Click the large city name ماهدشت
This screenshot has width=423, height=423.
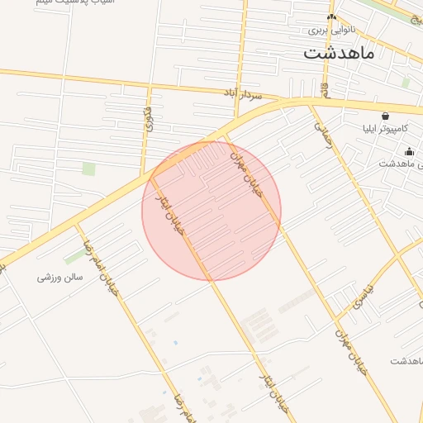[339, 55]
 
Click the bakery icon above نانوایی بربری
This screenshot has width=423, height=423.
[332, 17]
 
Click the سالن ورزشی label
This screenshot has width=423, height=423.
[60, 278]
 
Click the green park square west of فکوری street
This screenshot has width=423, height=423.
[88, 169]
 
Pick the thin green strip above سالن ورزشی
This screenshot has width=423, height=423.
[74, 257]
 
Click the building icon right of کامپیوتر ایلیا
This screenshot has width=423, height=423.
[410, 151]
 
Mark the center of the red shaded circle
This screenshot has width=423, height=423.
[211, 211]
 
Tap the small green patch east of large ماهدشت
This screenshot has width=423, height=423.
[406, 83]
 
